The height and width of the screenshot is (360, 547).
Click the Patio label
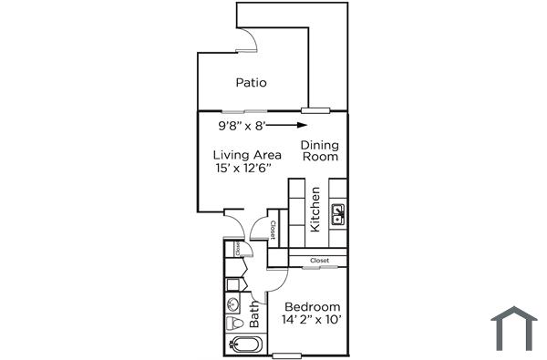click(251, 83)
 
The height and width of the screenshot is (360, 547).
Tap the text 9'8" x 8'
click(242, 125)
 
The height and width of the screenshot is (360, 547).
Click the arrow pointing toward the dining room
click(288, 125)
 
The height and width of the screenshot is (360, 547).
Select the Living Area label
click(247, 155)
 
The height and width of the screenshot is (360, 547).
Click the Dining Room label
click(319, 150)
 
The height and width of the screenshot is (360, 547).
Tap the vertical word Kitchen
click(315, 209)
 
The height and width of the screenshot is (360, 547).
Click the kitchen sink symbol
click(337, 217)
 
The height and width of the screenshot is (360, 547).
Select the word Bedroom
click(313, 306)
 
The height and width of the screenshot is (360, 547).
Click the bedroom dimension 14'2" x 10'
click(311, 320)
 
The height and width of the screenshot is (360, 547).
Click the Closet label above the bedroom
click(319, 261)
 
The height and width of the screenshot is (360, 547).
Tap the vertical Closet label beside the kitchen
click(273, 228)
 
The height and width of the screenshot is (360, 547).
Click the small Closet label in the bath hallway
click(237, 247)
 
